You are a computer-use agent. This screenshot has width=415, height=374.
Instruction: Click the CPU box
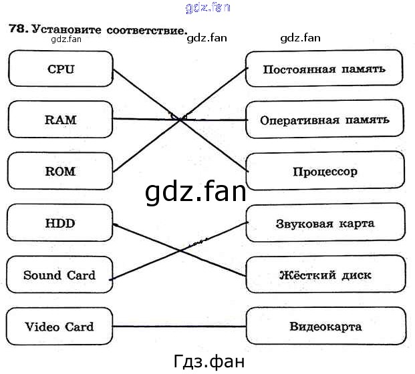tap(60, 69)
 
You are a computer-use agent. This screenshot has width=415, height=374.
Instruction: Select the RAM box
tap(60, 120)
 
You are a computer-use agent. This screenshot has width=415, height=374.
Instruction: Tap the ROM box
tap(60, 171)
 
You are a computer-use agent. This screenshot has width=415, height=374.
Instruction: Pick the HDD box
tap(59, 223)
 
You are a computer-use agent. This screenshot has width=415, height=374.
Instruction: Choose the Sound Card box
tap(59, 275)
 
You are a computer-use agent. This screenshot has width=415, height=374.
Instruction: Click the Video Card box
tap(59, 327)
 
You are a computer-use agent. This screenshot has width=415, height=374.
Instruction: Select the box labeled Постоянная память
tap(324, 69)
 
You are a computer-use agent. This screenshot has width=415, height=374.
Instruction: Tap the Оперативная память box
tap(324, 120)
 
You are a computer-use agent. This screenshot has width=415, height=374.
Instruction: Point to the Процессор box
tap(325, 171)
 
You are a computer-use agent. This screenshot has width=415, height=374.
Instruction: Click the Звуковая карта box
tap(325, 223)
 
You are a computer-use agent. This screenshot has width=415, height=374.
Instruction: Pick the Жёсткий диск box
tap(325, 274)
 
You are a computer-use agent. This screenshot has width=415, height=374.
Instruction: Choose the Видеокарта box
tap(325, 327)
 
